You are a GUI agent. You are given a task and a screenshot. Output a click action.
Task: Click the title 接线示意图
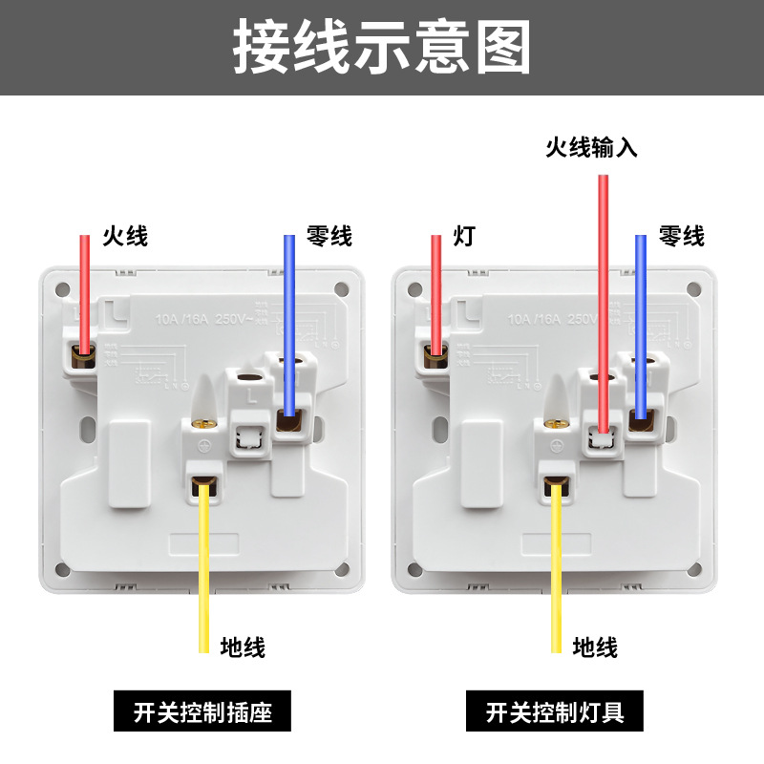(x=382, y=47)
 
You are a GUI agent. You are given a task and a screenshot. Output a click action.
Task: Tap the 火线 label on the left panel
(x=125, y=235)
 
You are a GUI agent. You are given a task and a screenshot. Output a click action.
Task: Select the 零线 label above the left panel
(x=329, y=235)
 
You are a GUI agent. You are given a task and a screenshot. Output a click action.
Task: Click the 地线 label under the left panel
(x=243, y=647)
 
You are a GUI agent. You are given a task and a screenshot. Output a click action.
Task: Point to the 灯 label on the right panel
(x=464, y=235)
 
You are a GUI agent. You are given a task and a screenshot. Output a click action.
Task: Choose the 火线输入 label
(x=591, y=147)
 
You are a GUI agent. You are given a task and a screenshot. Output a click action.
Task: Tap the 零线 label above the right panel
(x=682, y=235)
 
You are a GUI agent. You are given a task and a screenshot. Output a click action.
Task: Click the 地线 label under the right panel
(x=595, y=647)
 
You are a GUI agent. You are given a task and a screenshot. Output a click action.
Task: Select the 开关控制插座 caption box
(x=202, y=712)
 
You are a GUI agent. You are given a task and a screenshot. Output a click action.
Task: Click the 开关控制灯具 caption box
(x=555, y=712)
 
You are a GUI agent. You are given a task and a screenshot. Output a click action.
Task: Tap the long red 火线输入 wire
(x=604, y=286)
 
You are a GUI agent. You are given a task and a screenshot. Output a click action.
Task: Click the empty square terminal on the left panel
(x=247, y=436)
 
